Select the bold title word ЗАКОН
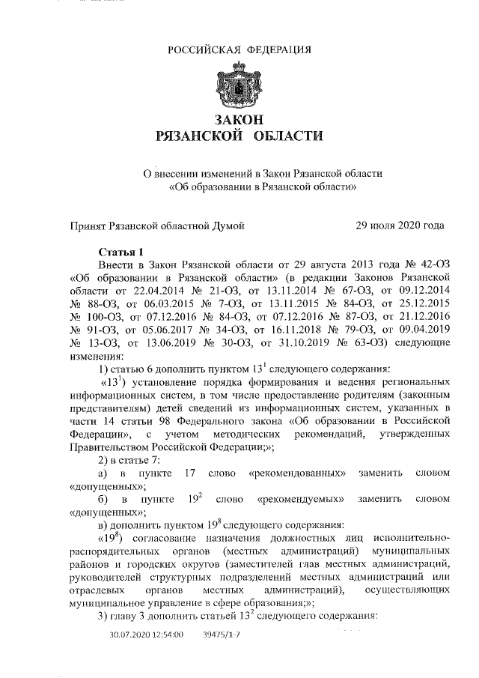tap(239, 120)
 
